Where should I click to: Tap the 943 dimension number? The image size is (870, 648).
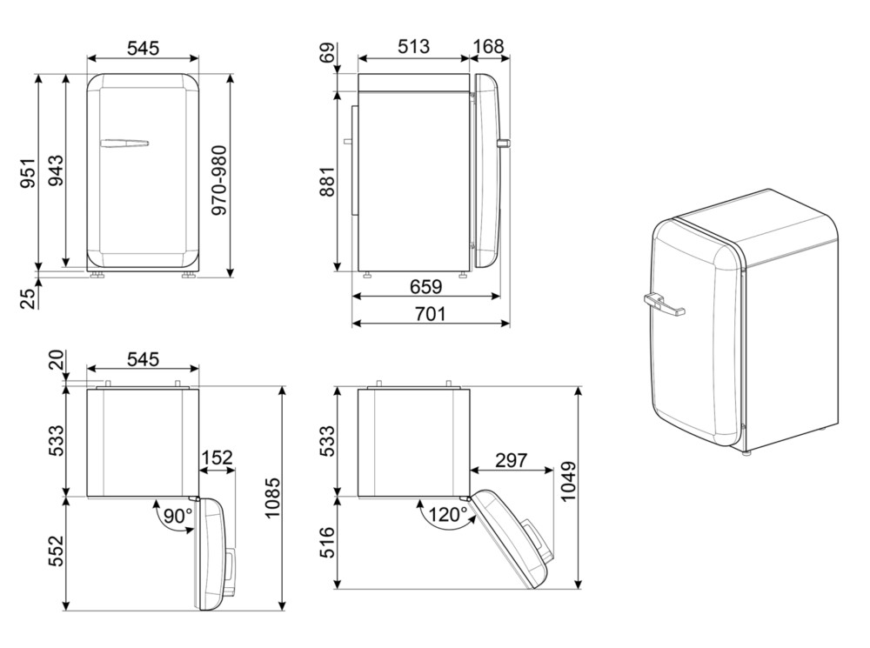point(55,170)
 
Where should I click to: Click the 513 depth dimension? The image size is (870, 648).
point(413,47)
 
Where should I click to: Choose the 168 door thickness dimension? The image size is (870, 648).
point(488,47)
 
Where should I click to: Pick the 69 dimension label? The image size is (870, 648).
point(327,53)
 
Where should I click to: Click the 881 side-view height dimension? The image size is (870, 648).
point(327,182)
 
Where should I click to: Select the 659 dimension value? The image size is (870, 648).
point(426,286)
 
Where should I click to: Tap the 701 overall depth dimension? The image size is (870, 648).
point(431,314)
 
